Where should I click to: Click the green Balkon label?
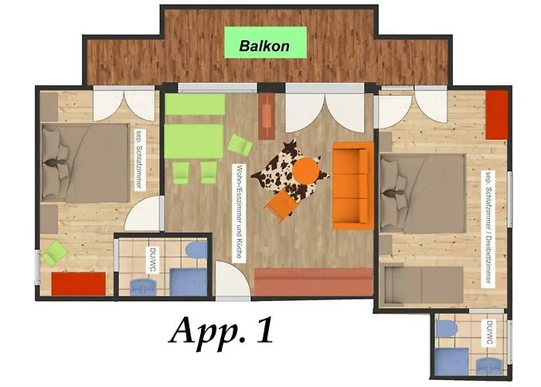[x=265, y=43]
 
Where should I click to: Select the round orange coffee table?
[x=306, y=171]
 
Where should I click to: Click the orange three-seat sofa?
[x=352, y=186]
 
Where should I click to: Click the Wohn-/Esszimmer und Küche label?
[x=238, y=212]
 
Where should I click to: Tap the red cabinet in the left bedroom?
[x=79, y=284]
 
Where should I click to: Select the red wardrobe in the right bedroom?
[x=496, y=115]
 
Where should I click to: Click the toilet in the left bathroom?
[x=196, y=250]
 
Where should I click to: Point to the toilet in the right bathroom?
[x=447, y=329]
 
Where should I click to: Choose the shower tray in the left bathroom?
[x=189, y=282]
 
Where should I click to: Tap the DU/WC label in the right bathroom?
[x=489, y=332]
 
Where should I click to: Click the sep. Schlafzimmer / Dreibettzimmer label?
[x=488, y=227]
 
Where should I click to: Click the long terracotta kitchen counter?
[x=314, y=282]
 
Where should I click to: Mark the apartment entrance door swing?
[x=231, y=279]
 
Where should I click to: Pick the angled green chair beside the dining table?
[x=240, y=145]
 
